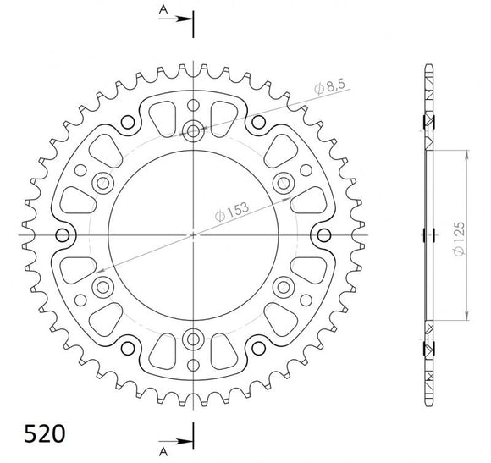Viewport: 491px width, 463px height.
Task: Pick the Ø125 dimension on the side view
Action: pos(457,234)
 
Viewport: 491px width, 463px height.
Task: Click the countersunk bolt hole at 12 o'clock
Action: pos(194,130)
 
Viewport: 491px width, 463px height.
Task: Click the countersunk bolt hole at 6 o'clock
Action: pos(194,339)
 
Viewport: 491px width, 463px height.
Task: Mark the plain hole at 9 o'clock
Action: pos(63,234)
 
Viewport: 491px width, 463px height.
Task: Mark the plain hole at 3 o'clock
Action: pos(325,234)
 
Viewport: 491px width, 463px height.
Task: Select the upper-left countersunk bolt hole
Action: pos(104,183)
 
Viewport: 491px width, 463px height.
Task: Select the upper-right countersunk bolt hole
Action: pos(284,183)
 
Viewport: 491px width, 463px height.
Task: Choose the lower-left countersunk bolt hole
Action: pos(104,286)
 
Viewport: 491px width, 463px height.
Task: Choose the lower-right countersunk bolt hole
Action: pos(284,286)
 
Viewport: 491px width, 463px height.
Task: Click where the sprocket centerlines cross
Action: pos(194,234)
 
